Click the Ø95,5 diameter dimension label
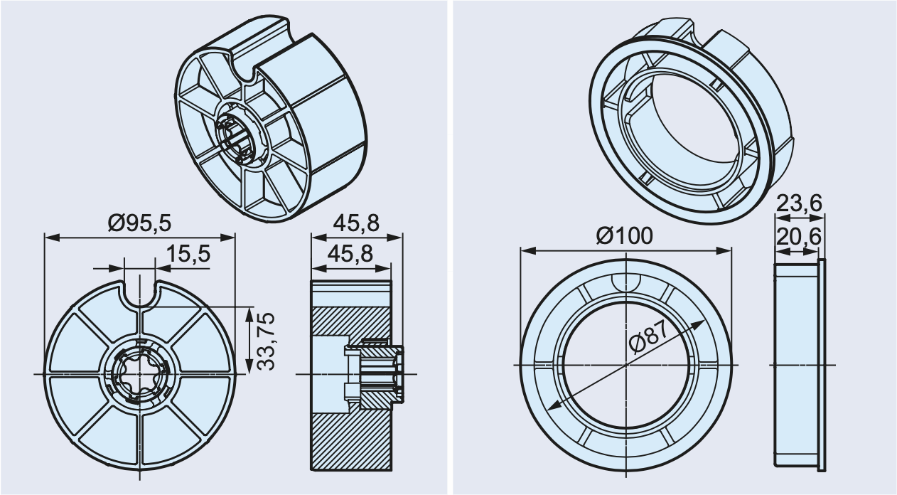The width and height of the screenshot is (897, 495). coord(139,223)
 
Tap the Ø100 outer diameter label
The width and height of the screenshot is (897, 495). coord(623,235)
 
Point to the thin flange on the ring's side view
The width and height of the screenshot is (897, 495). coord(823,364)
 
